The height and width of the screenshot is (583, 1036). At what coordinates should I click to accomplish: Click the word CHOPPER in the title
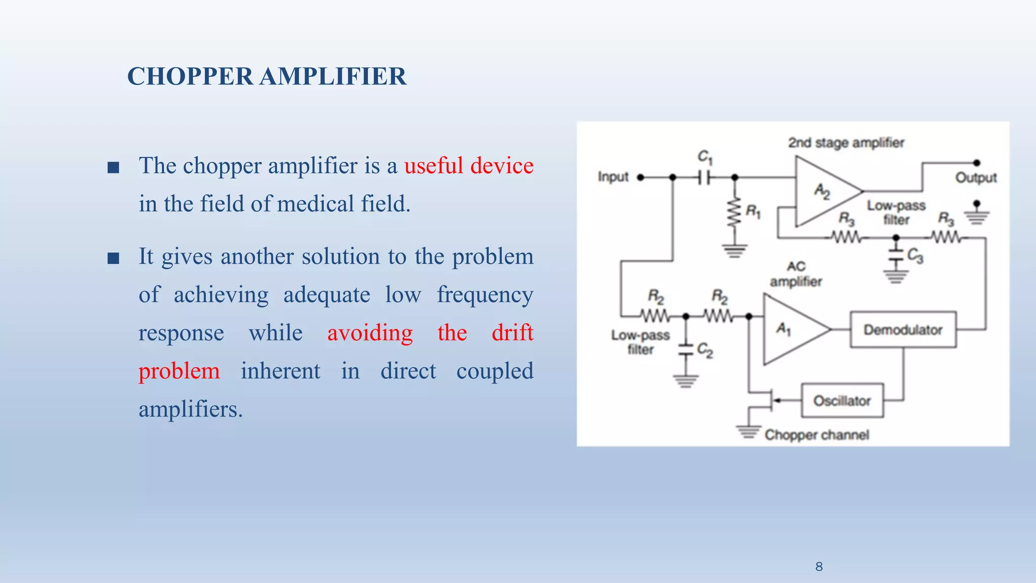coord(190,77)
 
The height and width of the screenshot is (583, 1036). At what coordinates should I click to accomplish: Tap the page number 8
coord(819,566)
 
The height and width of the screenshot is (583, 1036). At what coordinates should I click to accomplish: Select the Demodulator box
coord(903,329)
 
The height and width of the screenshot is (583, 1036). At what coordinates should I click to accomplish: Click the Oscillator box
coord(842,401)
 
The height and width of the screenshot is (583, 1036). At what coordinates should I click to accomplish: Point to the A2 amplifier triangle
coord(822,191)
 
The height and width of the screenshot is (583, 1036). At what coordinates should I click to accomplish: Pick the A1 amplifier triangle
coord(789,329)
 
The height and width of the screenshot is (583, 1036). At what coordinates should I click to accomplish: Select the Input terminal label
coord(613,177)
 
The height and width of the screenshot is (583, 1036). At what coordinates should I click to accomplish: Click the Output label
coord(976,178)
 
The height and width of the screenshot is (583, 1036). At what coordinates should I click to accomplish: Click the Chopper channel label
coord(816,435)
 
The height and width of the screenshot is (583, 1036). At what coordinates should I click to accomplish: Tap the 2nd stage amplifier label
coord(846,143)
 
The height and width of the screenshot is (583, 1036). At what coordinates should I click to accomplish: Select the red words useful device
coord(468,166)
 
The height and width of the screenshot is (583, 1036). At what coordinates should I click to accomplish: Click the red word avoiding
coord(370,333)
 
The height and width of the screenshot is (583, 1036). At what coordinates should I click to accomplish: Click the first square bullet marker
coord(113,168)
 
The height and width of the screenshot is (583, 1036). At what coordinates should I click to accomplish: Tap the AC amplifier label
coord(796,274)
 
